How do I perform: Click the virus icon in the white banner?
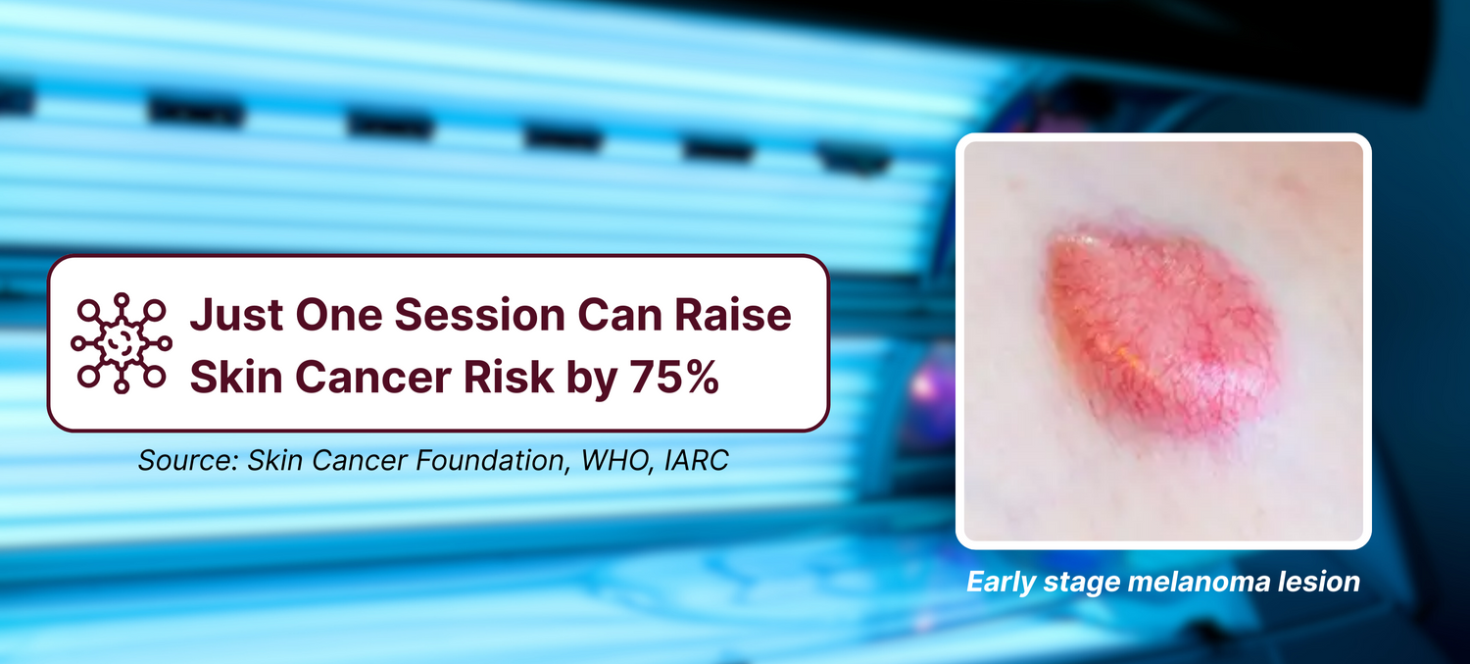(122, 343)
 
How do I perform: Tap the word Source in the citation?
(188, 460)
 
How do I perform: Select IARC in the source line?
(696, 460)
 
